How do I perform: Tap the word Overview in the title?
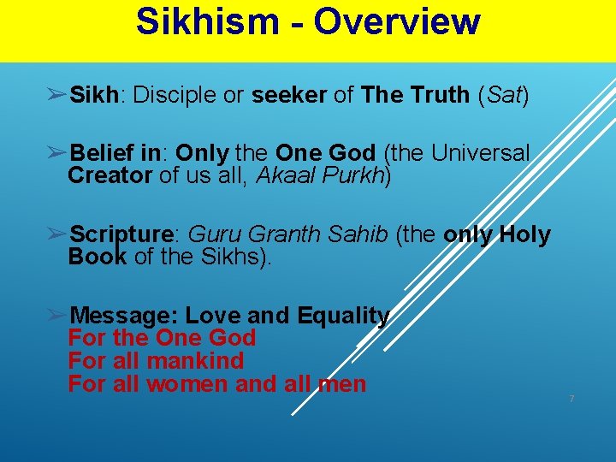point(397,22)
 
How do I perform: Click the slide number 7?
point(572,399)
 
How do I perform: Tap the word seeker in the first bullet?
point(288,94)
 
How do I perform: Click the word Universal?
point(481,154)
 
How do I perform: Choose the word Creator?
point(110,176)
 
